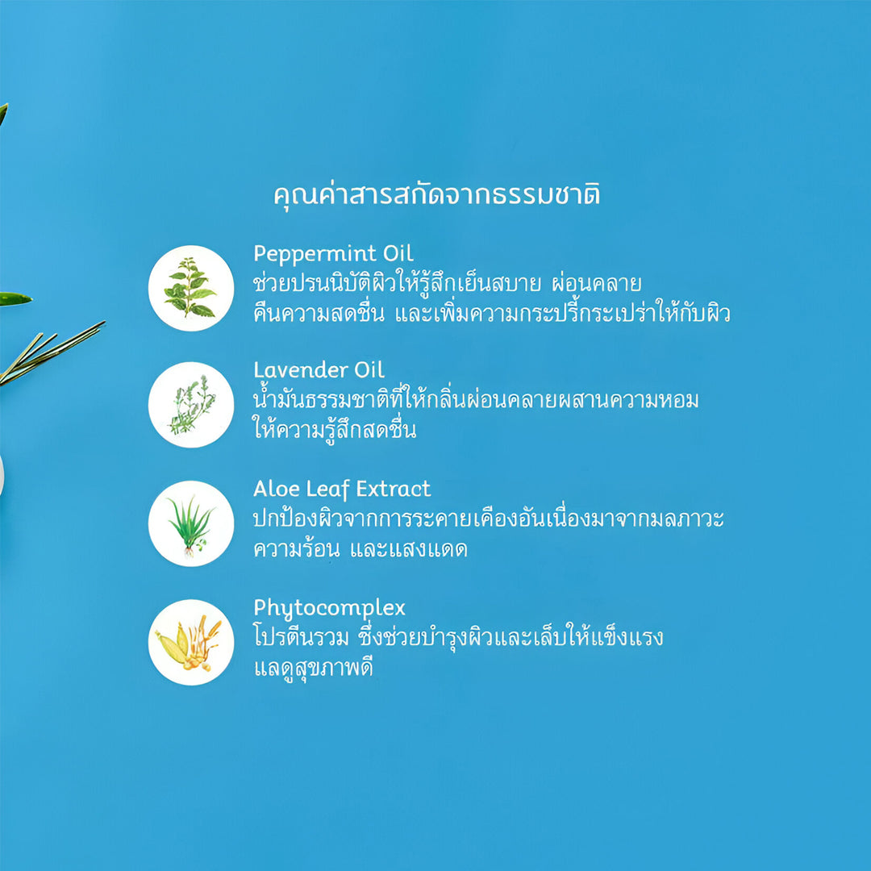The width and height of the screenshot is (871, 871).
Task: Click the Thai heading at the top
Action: (436, 195)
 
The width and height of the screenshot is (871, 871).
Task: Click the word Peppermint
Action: (315, 254)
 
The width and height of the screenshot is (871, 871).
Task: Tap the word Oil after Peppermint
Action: (398, 253)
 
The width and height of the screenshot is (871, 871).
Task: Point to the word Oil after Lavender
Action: (369, 370)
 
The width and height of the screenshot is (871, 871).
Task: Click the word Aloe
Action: (276, 489)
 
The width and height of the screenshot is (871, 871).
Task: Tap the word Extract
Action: (393, 489)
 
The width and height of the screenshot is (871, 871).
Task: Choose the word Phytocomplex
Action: (329, 609)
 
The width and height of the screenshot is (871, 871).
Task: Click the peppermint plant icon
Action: (190, 288)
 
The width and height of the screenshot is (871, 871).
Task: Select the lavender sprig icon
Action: (190, 404)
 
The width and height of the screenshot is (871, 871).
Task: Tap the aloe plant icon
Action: (190, 523)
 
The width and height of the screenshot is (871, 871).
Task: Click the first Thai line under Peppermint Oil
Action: (447, 283)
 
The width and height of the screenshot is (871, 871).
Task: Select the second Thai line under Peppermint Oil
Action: (492, 313)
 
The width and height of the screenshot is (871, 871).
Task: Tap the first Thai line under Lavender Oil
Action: (476, 399)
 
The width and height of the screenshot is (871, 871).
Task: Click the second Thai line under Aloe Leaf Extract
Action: (360, 549)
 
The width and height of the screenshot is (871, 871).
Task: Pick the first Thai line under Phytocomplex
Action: (458, 636)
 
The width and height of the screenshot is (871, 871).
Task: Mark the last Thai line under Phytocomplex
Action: (313, 668)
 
